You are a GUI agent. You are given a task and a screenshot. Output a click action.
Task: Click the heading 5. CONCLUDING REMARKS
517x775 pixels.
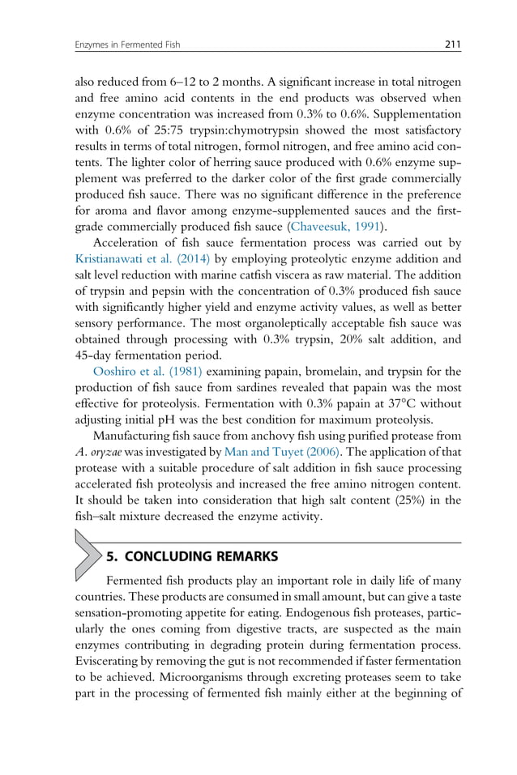tap(192, 556)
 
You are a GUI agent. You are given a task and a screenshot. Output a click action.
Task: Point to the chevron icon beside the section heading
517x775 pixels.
tap(86, 555)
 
